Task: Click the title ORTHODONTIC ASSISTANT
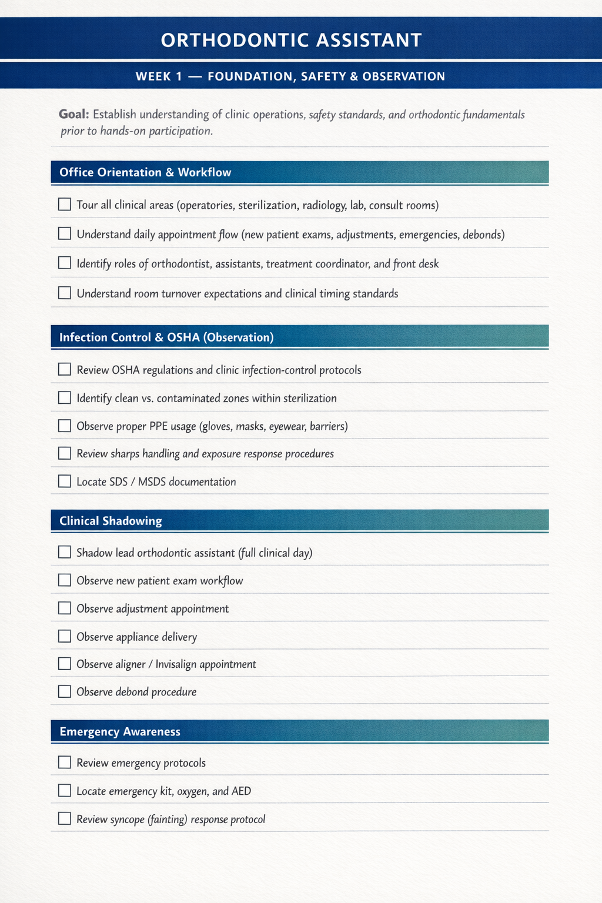click(x=292, y=40)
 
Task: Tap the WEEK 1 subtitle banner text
click(x=290, y=76)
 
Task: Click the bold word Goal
click(x=74, y=114)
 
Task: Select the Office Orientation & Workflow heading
click(x=145, y=172)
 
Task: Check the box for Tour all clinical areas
click(x=65, y=205)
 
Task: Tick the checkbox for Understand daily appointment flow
click(x=65, y=234)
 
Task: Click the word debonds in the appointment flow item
click(x=483, y=235)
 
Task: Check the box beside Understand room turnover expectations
click(x=65, y=293)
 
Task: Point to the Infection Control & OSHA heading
click(x=166, y=337)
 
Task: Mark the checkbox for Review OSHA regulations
click(x=65, y=370)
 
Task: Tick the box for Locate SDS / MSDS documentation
click(x=65, y=481)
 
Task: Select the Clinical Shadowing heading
click(x=111, y=521)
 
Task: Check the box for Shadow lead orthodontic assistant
click(x=65, y=553)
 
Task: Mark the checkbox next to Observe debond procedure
click(x=65, y=692)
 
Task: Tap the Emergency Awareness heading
click(x=120, y=732)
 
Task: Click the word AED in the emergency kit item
click(x=241, y=791)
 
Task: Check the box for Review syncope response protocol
click(x=65, y=819)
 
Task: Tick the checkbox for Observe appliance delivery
click(x=65, y=637)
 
